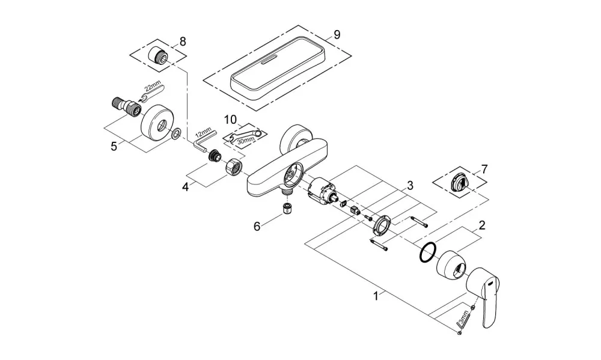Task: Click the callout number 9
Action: coord(337,35)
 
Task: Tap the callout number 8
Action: coord(183,41)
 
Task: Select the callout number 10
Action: coord(230,119)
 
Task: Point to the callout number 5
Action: coord(114,146)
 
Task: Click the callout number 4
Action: coord(186,188)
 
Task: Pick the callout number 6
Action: coord(257,227)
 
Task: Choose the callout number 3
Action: coord(410,186)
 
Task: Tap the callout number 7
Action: coord(484,169)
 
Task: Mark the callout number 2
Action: coord(482,225)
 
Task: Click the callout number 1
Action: coord(376,296)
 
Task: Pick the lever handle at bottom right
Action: coord(484,294)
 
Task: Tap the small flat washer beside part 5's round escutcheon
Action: coord(177,134)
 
